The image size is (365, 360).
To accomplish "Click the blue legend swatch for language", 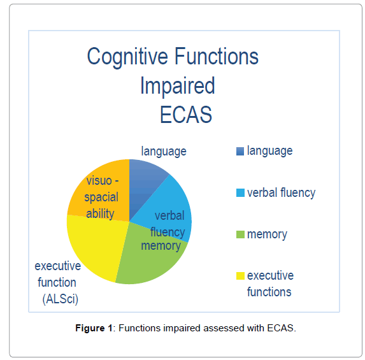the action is [x=240, y=151].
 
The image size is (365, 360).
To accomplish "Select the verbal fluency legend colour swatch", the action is [x=240, y=193].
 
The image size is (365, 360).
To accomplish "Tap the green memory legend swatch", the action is [x=240, y=234].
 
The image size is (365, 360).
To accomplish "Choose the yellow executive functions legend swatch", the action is [x=240, y=276].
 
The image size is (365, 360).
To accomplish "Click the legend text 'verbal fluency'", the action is [x=281, y=193].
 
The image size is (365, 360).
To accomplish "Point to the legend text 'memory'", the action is [x=267, y=234].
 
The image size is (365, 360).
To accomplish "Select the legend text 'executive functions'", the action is [x=270, y=284].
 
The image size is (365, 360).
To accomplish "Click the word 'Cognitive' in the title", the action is [x=127, y=57].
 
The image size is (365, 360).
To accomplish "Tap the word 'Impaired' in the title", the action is [x=177, y=86].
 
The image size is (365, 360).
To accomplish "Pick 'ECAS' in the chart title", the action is [x=186, y=115].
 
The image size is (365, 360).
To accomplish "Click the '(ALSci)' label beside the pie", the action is [x=60, y=299].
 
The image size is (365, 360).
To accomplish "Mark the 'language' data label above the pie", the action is [x=164, y=152].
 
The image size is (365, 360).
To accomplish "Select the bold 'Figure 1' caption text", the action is [x=94, y=328].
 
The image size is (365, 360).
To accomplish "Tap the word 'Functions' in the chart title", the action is [x=217, y=56].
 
